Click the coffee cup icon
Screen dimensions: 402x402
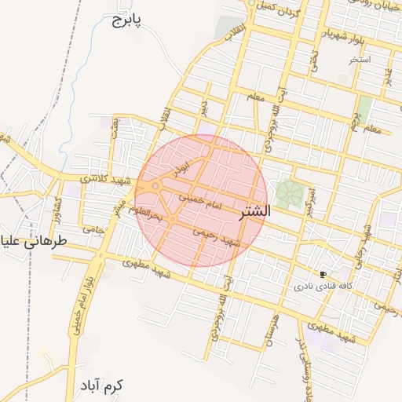(323, 274)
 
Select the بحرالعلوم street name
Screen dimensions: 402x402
(147, 212)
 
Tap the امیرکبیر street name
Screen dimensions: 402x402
(312, 201)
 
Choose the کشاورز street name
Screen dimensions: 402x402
(57, 206)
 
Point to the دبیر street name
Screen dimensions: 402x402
(203, 107)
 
